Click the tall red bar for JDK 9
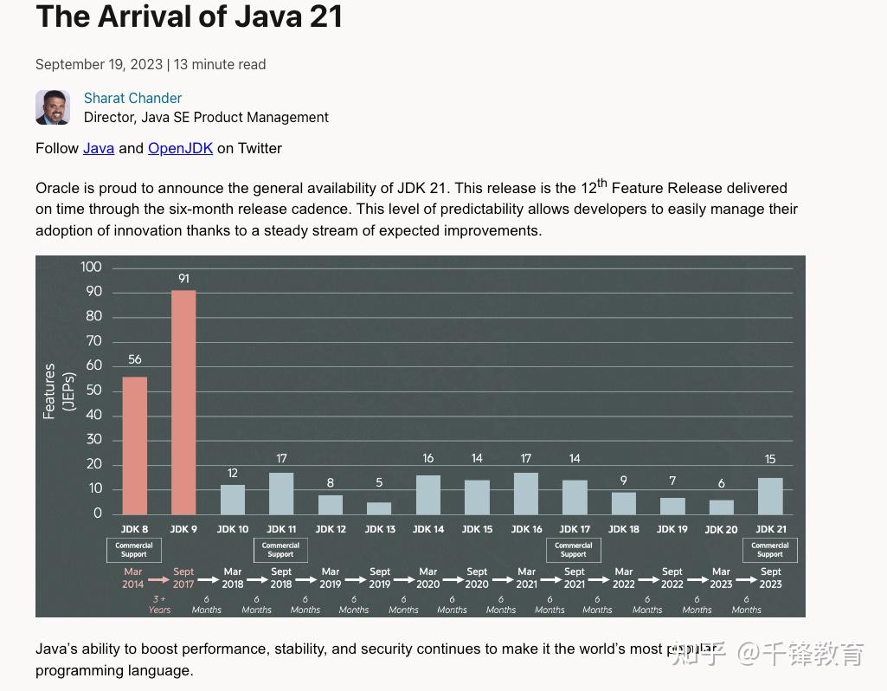pos(183,403)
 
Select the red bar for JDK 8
pos(134,446)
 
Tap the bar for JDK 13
pos(379,508)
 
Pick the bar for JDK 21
pos(770,496)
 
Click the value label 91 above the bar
pos(183,279)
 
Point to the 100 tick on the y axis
pos(91,267)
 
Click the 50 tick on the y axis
pos(93,391)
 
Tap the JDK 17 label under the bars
pos(575,529)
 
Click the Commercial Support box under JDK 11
pos(280,550)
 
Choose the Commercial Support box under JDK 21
pos(770,550)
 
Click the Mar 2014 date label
pos(133,578)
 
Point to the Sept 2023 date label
pos(770,578)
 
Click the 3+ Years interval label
pos(159,604)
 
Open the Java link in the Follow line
pos(99,148)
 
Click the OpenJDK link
pos(180,148)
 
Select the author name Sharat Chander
pos(132,98)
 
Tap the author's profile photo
pos(53,107)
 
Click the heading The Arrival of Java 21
pos(190,16)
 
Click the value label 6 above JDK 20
pos(721,484)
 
